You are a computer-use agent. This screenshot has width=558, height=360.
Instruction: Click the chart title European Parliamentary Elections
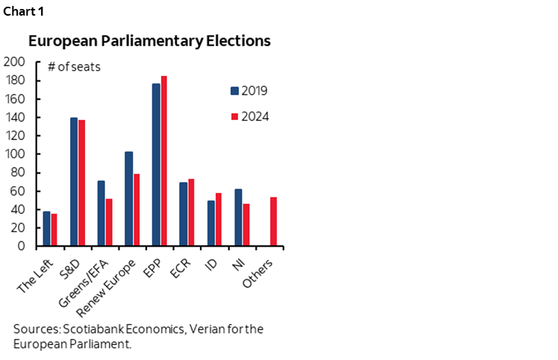pyautogui.click(x=149, y=40)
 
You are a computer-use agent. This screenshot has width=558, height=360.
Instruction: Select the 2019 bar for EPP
pyautogui.click(x=156, y=165)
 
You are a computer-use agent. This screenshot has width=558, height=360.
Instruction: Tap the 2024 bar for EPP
pyautogui.click(x=163, y=161)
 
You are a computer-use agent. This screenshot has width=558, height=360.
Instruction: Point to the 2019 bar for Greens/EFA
pyautogui.click(x=101, y=213)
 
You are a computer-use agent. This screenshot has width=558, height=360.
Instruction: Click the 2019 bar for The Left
pyautogui.click(x=46, y=229)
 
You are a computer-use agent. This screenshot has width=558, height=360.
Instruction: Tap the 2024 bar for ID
pyautogui.click(x=218, y=220)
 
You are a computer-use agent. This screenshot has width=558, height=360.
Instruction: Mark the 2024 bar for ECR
pyautogui.click(x=191, y=212)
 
